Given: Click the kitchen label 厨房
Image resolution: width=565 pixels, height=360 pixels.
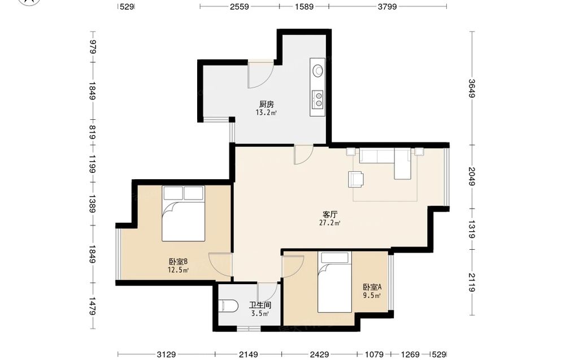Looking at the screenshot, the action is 266,105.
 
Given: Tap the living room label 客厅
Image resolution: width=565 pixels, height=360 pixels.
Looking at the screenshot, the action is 330,215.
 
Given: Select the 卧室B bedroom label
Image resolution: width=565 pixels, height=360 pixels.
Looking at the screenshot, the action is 178,262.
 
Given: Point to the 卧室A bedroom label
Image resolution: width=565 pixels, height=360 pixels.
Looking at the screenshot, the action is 372,287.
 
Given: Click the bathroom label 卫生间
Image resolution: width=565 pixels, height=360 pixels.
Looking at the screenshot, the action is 260,305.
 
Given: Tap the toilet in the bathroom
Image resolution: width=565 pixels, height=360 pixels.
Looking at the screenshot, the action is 228,306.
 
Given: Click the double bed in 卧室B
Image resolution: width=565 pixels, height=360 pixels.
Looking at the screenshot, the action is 184,213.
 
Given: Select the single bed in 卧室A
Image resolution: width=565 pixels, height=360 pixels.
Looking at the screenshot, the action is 334,282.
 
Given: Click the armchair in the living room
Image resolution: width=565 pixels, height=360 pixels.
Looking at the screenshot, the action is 356,179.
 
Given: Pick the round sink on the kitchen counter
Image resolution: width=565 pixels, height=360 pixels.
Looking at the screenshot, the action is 318,70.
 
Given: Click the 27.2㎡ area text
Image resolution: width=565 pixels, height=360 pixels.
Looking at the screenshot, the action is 330,223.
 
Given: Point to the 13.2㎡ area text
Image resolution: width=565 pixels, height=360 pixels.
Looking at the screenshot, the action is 266,112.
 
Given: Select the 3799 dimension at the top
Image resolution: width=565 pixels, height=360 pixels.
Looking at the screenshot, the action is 388,6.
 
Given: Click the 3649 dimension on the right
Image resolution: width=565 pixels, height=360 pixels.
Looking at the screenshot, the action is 472,88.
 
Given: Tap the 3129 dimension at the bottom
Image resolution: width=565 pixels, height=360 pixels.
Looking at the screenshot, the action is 166,354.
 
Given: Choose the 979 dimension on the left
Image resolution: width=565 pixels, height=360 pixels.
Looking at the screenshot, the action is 93,47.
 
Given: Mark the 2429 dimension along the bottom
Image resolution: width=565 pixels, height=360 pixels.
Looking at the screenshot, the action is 319,354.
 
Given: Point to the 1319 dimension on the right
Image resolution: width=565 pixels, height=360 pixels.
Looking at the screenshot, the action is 472,229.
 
